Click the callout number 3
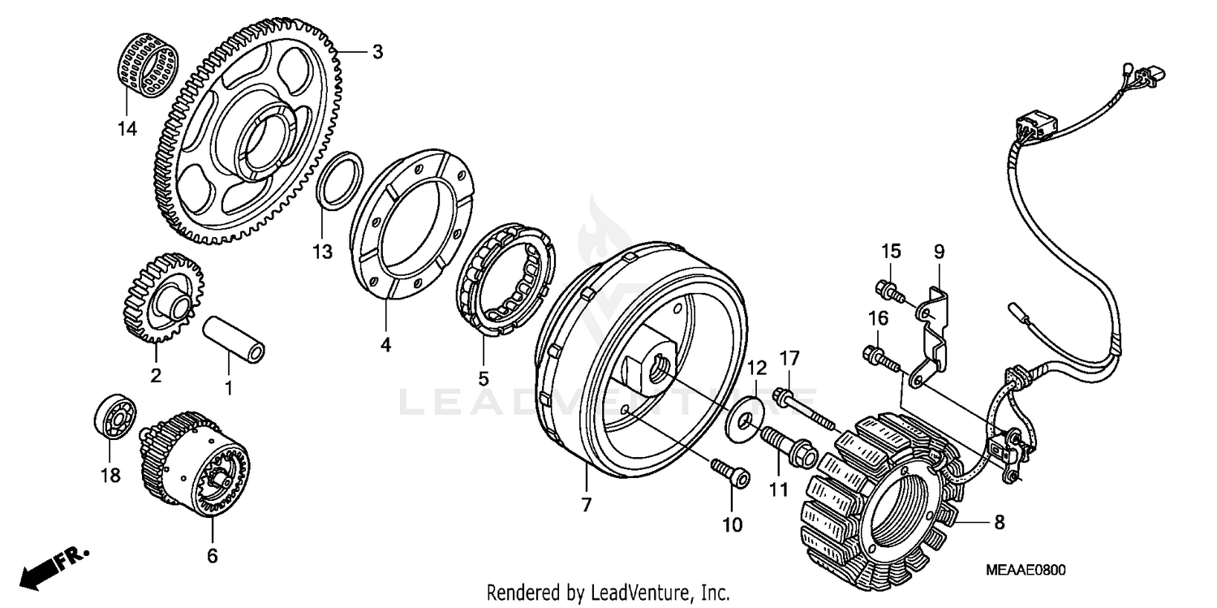(x=377, y=53)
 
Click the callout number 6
(x=213, y=555)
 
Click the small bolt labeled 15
(x=889, y=290)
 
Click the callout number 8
(x=1000, y=523)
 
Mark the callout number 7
(x=586, y=505)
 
